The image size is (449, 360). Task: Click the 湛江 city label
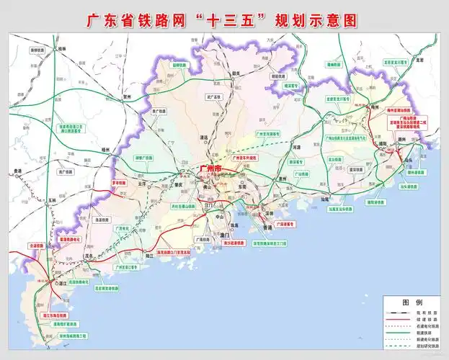[x=64, y=284]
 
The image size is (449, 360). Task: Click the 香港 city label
[x=267, y=227]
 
